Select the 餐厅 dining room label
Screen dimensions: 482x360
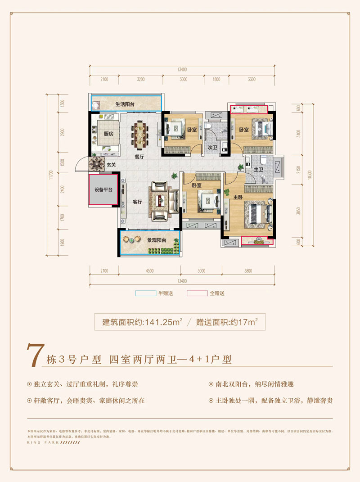click(x=139, y=158)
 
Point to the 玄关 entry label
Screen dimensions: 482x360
click(x=111, y=165)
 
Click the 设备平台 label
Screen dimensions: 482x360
click(x=103, y=189)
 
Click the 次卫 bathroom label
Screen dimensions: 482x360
click(x=212, y=147)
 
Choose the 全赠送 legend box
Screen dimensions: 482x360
click(x=197, y=293)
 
